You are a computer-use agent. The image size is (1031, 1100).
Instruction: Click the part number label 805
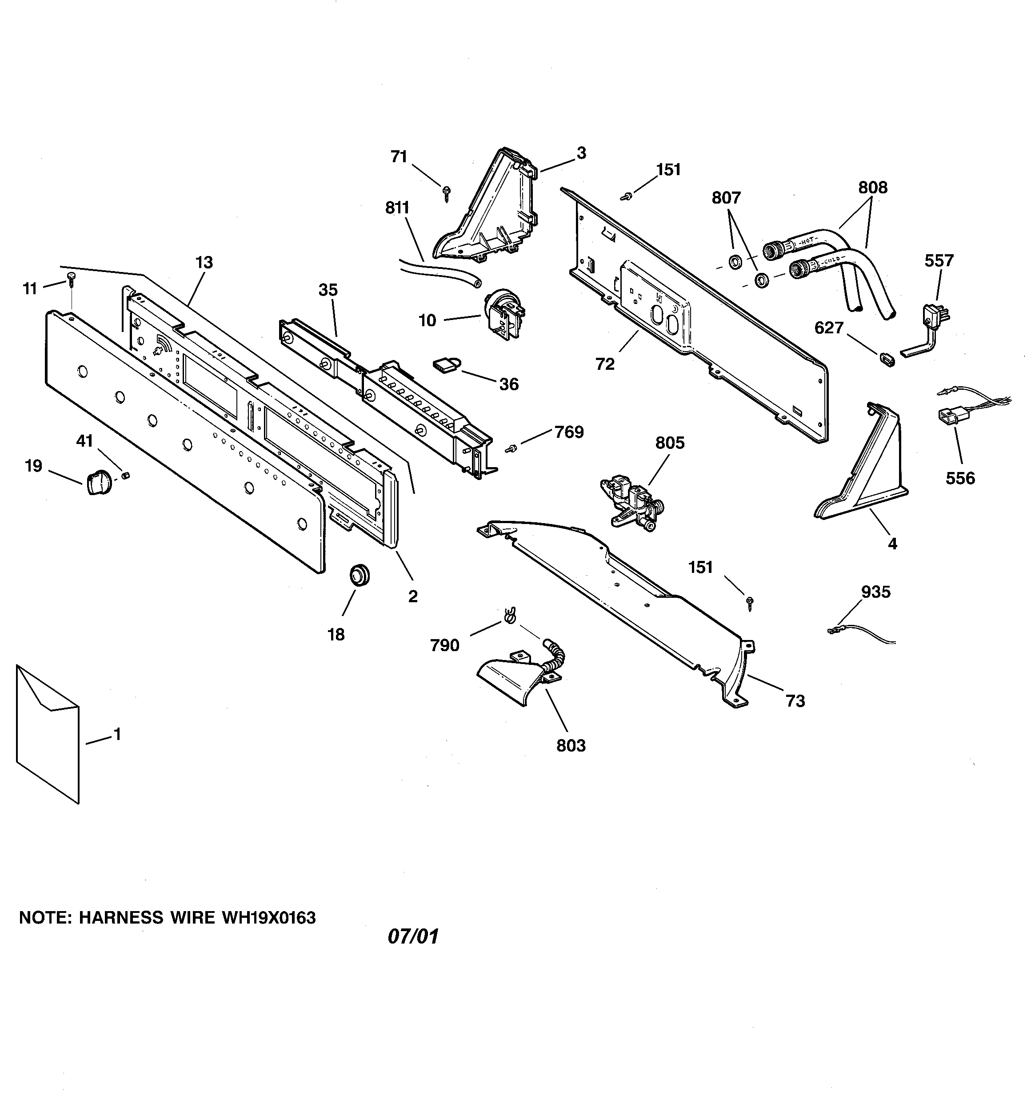[670, 443]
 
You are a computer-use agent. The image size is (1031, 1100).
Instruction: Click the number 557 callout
[939, 260]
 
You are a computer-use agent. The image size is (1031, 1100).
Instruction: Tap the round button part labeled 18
[359, 573]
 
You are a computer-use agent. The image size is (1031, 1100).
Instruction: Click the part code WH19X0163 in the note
[268, 918]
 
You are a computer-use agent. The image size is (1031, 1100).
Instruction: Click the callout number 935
[875, 592]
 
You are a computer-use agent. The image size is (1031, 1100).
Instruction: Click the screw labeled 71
[446, 192]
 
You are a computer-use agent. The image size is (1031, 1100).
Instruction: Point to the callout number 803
[571, 745]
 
